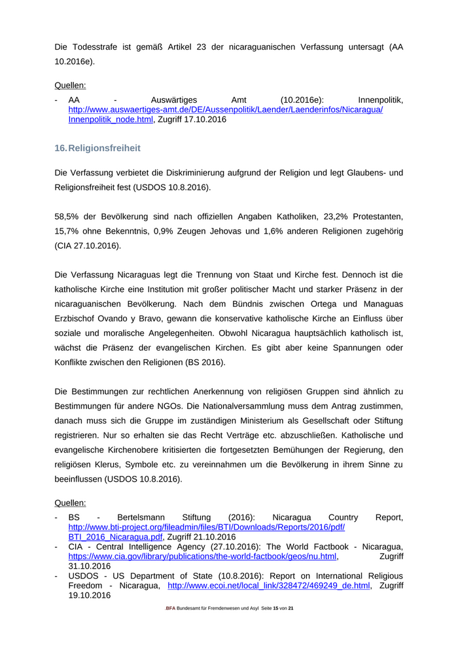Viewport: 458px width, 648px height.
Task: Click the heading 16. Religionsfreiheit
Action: coord(98,149)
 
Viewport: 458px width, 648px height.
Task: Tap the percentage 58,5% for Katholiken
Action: coord(67,216)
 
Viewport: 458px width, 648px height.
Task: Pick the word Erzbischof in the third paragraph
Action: coord(77,319)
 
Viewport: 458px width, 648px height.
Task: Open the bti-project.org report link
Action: coord(206,527)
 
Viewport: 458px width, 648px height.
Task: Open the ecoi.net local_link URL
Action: coord(269,586)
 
